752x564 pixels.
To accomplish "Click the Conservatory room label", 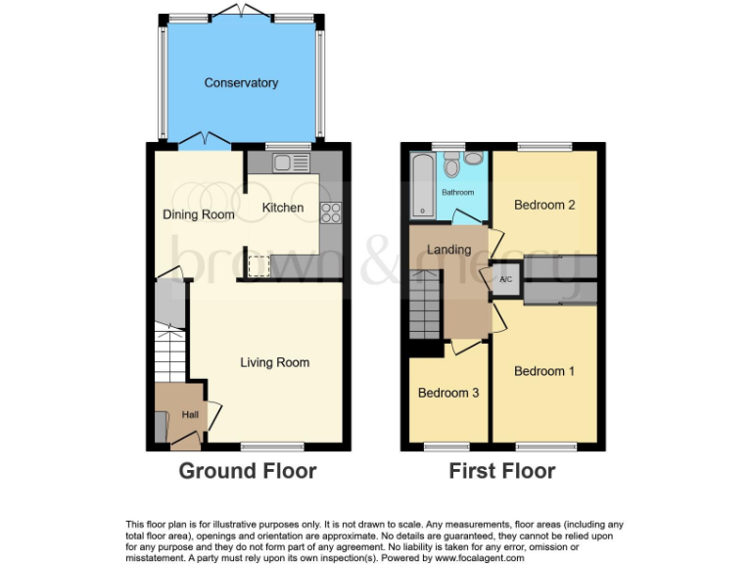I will click(x=241, y=83).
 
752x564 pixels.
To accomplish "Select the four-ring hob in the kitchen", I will click(x=331, y=209).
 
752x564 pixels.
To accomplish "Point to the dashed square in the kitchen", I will click(x=258, y=264).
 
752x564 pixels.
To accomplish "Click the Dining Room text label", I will click(x=198, y=214).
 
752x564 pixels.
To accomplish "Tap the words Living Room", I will click(x=275, y=362).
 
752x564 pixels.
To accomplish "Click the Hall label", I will click(x=190, y=414).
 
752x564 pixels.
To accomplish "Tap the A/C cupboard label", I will click(x=506, y=279).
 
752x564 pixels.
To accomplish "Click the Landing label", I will click(x=448, y=250).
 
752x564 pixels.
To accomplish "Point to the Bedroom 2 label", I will click(x=544, y=205).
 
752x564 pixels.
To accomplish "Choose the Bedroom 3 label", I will click(x=448, y=393).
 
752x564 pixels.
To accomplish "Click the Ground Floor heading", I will click(x=247, y=471).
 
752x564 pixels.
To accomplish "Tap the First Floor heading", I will click(x=501, y=471).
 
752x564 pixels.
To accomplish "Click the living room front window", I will click(x=260, y=446).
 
